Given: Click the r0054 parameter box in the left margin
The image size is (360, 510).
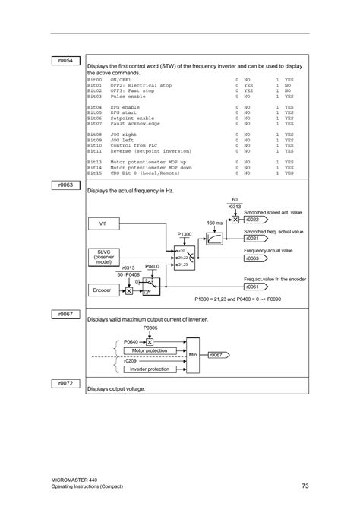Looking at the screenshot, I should coord(66,60).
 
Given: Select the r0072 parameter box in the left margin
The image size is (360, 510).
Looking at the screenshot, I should coord(66,384).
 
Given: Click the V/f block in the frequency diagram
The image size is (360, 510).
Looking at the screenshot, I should coord(103,224).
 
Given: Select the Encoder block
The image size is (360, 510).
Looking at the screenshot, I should coord(103,290).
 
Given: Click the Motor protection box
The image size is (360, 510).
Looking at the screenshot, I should coord(149,350).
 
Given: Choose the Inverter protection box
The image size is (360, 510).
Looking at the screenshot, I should coord(149,369).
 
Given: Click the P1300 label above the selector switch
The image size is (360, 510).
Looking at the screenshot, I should coord(185,235).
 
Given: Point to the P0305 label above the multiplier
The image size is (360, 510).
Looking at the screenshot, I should coord(150,328).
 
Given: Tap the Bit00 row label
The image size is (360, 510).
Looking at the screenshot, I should coord(94,79).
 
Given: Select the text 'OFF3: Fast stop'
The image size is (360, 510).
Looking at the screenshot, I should coord(133,91).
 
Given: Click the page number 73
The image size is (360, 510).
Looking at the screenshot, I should coord(305,485).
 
